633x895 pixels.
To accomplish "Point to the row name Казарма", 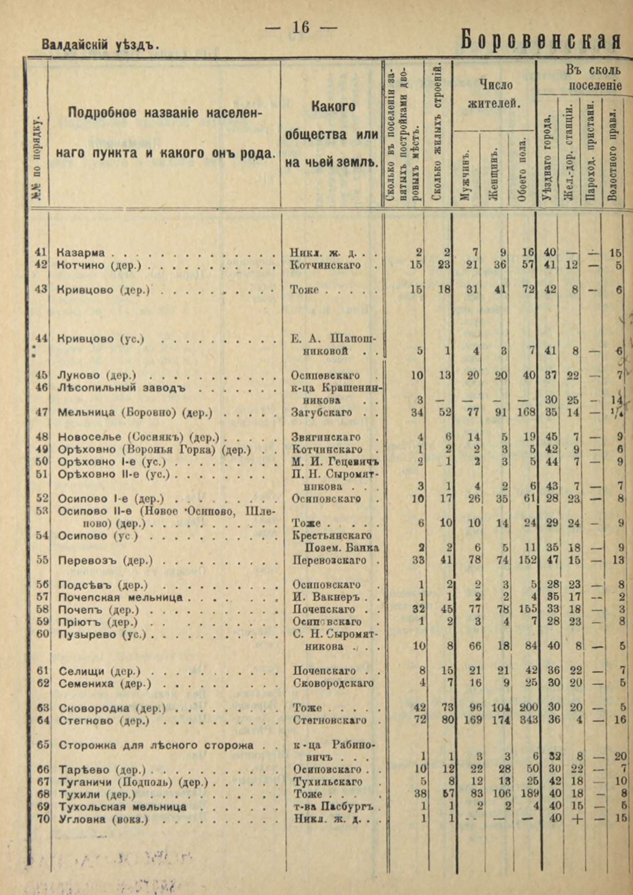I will (81, 252).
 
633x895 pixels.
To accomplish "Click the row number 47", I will (41, 412).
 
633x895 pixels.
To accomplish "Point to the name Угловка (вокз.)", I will (103, 819).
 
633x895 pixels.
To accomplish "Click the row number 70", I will (41, 819).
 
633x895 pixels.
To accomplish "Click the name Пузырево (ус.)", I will (102, 634).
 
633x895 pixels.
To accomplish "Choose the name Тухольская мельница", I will (122, 806).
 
